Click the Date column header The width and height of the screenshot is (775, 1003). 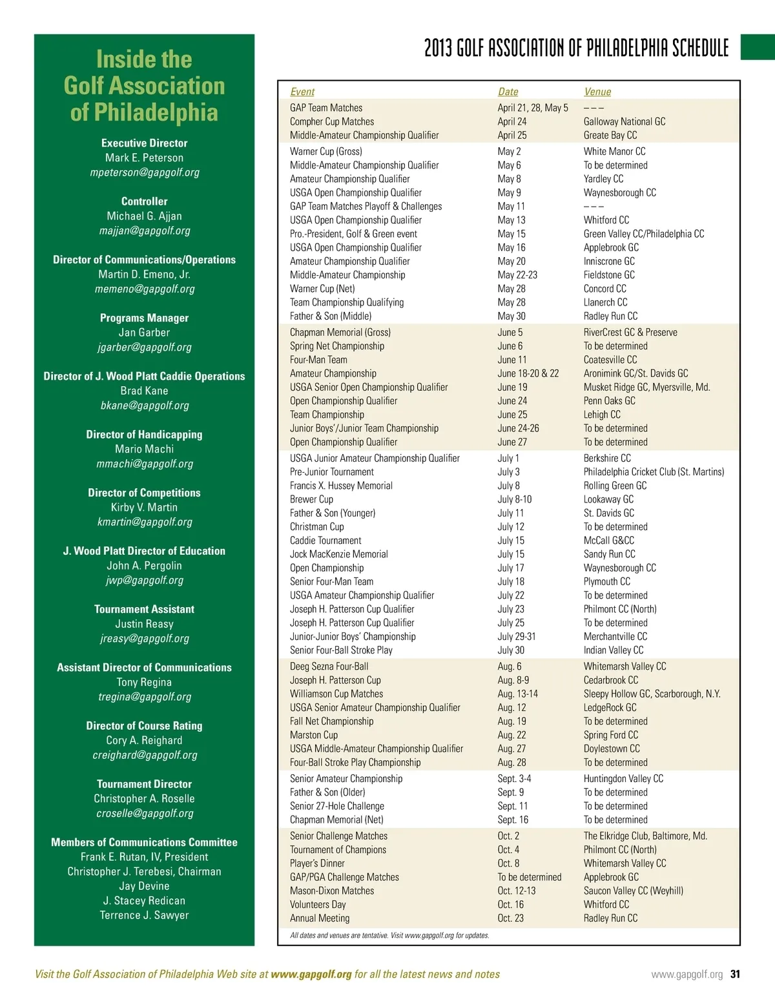508,92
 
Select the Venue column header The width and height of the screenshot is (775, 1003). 597,92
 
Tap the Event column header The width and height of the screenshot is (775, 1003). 302,92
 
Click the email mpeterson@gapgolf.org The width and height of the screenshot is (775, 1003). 145,172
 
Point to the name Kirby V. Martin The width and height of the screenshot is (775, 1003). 144,507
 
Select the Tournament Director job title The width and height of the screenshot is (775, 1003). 144,784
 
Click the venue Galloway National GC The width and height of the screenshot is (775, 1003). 624,121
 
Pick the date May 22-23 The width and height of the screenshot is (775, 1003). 517,275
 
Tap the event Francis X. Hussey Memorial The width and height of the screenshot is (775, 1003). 341,486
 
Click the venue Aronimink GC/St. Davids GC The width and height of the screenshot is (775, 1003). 635,373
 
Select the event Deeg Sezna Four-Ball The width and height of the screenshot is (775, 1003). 329,667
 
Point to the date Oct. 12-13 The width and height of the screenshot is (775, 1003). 516,891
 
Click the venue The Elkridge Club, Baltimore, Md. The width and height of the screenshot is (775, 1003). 645,836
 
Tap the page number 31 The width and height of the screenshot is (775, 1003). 735,975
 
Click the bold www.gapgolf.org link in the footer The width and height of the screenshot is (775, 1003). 311,974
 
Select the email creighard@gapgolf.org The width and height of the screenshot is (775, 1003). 145,755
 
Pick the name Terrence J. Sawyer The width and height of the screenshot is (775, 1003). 144,915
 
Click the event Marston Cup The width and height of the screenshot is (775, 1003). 314,735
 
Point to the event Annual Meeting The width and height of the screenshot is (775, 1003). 320,918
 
